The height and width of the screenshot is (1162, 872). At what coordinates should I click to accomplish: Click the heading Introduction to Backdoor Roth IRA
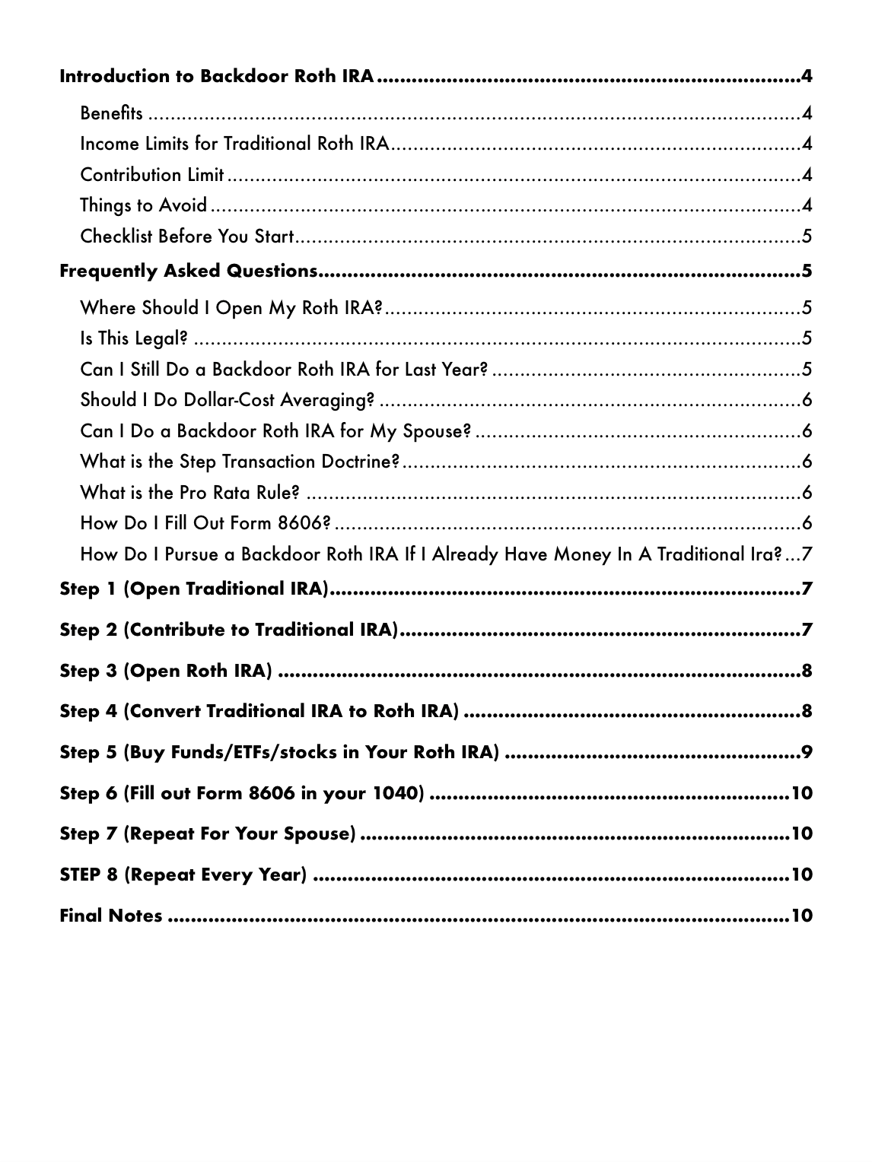[x=217, y=77]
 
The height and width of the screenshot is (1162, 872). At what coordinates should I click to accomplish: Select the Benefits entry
[x=111, y=114]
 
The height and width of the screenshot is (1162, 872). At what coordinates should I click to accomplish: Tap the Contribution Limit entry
[x=152, y=175]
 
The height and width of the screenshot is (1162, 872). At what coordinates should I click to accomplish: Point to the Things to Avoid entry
[x=143, y=205]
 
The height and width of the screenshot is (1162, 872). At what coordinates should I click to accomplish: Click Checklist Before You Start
[x=186, y=237]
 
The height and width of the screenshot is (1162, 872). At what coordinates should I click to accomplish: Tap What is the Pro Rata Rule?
[x=189, y=493]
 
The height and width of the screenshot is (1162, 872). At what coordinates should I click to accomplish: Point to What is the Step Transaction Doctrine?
[x=240, y=462]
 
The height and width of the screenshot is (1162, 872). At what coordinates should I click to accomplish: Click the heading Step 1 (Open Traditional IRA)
[x=193, y=589]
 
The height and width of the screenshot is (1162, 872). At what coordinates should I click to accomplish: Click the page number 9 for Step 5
[x=807, y=754]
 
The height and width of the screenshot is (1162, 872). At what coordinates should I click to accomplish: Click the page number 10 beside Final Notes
[x=802, y=916]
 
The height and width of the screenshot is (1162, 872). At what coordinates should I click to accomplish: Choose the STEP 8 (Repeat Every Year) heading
[x=183, y=875]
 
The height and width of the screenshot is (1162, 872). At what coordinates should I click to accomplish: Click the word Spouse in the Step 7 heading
[x=314, y=834]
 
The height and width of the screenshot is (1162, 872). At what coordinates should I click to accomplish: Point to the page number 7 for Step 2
[x=807, y=630]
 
